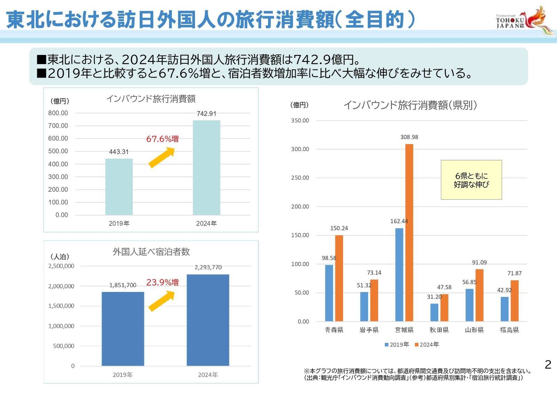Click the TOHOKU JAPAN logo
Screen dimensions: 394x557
click(524, 21)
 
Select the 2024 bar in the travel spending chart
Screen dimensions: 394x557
click(206, 167)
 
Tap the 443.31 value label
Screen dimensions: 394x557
click(119, 152)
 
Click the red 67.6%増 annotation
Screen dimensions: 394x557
click(162, 139)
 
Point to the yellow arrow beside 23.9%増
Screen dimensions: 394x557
click(162, 301)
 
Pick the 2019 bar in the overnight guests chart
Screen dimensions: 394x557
click(123, 329)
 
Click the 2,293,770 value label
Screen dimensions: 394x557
click(208, 267)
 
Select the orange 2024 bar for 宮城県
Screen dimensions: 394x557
click(409, 233)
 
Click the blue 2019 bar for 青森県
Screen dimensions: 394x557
click(329, 293)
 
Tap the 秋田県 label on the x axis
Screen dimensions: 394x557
click(439, 330)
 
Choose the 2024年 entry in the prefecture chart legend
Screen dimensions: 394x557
click(427, 345)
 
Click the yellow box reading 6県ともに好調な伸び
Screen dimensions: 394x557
click(471, 180)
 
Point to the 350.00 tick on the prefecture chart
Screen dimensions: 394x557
click(300, 121)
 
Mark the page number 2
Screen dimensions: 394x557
click(548, 364)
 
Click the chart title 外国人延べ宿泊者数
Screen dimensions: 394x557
click(151, 252)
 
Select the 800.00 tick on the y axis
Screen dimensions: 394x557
click(58, 113)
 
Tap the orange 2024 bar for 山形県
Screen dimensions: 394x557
click(479, 295)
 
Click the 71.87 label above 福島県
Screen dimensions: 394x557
click(514, 273)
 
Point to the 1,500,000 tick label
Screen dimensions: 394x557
click(61, 306)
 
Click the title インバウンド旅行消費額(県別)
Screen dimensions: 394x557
click(410, 105)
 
